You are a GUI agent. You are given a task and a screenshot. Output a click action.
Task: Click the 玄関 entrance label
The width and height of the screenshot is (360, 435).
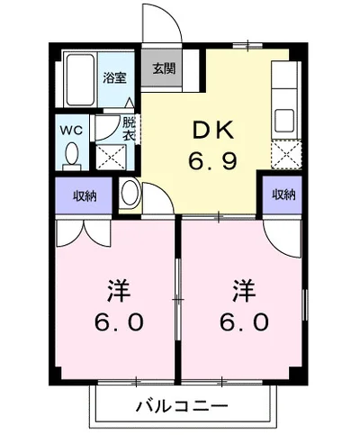click(x=164, y=69)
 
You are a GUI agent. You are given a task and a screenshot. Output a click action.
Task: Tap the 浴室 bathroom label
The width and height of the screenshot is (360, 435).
click(x=114, y=78)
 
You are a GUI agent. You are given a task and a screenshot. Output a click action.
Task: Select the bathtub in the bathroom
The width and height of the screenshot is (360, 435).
click(x=79, y=79)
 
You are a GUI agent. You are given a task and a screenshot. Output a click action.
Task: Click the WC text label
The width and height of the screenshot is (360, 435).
click(x=71, y=131)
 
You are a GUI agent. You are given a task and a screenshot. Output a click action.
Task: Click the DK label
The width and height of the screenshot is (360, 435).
click(x=213, y=129)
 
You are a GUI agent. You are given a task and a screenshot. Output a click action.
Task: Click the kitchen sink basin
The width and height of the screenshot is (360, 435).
click(x=284, y=120)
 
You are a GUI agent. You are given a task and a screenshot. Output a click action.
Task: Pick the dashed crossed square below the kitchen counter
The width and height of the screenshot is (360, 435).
click(x=286, y=155)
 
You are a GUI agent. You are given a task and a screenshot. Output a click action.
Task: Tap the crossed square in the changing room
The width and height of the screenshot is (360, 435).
click(x=111, y=158)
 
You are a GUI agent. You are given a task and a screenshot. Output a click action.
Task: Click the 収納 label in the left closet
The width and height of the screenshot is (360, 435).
click(x=85, y=196)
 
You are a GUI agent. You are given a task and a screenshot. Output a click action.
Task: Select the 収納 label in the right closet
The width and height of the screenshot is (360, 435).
click(x=283, y=195)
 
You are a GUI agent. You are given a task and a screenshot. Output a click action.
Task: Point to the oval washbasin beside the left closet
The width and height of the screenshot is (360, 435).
click(x=130, y=194)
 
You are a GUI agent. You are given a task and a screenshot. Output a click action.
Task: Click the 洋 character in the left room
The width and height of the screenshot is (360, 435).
click(x=119, y=291)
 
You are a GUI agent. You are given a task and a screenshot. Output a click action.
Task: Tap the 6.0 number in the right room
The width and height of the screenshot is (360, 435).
click(x=244, y=322)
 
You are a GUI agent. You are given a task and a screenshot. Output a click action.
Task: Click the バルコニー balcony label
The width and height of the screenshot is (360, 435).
click(x=182, y=406)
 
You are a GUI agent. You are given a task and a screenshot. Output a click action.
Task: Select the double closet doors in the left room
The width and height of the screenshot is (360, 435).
click(x=84, y=233)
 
